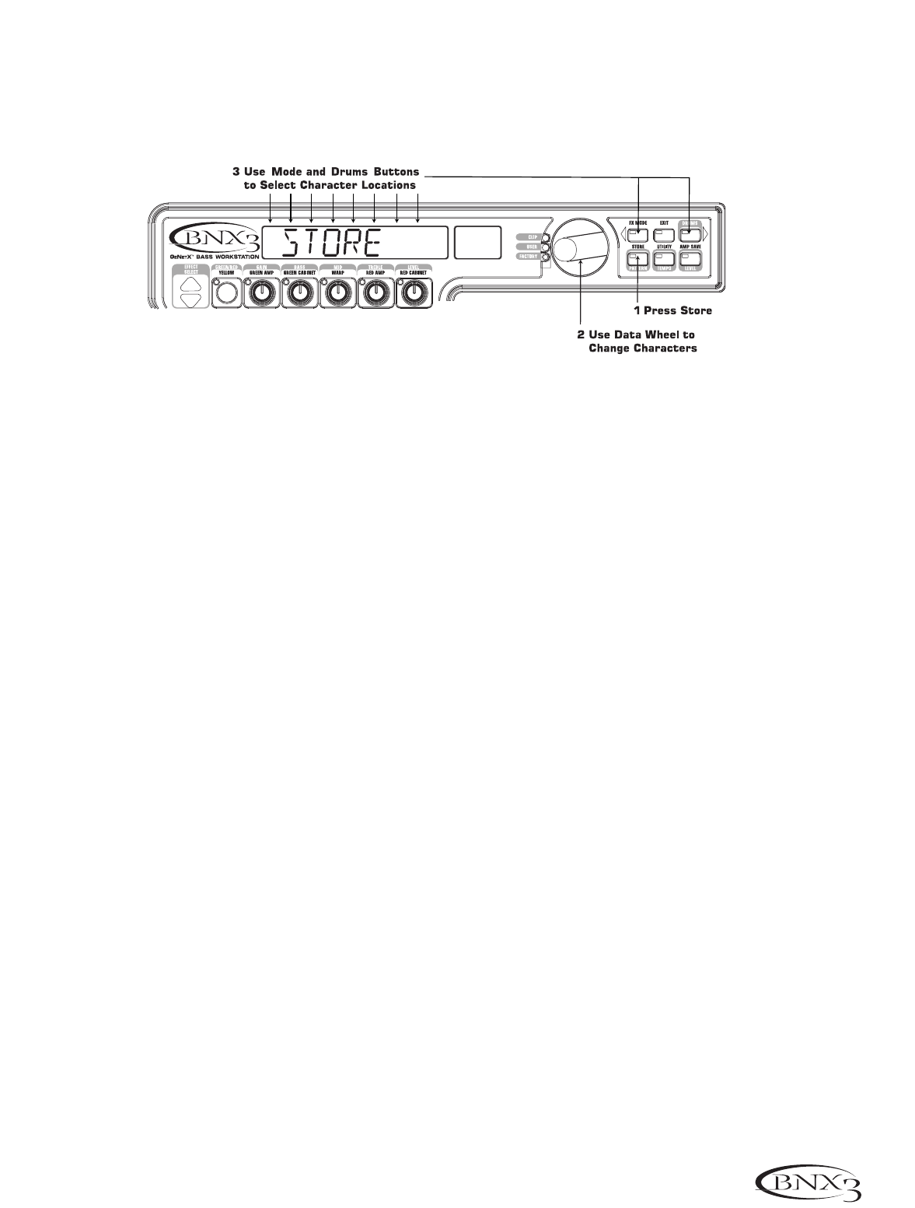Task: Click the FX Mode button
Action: coord(638,233)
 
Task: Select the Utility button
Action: coord(663,257)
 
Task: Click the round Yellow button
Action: coord(226,293)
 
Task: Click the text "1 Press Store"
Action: coord(672,310)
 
